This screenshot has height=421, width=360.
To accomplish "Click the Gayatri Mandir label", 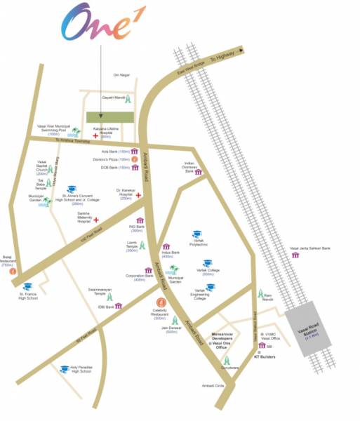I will click(113, 98).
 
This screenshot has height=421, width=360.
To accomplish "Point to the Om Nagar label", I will click(122, 75).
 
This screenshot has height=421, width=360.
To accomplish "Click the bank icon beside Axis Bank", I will click(134, 152).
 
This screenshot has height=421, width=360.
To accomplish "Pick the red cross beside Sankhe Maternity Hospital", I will click(96, 220).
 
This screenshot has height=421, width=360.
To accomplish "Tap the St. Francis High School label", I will click(27, 295).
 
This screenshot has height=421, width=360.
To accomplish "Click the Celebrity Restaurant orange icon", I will click(161, 304).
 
